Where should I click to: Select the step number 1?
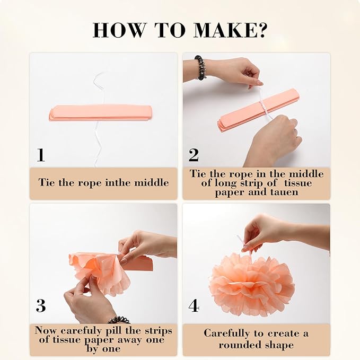tap(41, 155)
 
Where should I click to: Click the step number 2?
tap(194, 155)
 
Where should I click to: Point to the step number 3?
tap(41, 305)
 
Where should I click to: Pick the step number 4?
tap(194, 305)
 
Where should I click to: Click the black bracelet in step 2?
tap(200, 68)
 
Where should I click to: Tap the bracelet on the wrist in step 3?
tap(118, 320)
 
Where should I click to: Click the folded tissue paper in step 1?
tap(101, 112)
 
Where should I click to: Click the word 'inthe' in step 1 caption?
tap(118, 183)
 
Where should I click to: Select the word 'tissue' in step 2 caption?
tap(298, 183)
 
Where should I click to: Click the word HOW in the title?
tap(119, 30)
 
